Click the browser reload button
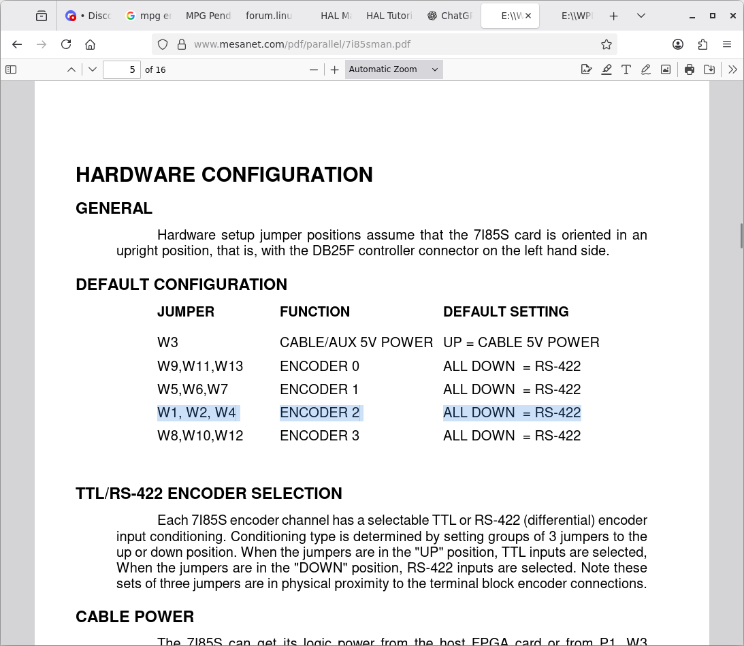[66, 44]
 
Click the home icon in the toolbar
[90, 44]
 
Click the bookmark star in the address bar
[606, 44]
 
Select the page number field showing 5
[122, 69]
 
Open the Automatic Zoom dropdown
[393, 69]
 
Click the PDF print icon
[690, 69]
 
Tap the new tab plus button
[613, 16]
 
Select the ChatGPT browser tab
[450, 16]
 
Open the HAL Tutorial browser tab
[388, 16]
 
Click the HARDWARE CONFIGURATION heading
[224, 175]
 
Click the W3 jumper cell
[167, 342]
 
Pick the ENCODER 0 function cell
[319, 366]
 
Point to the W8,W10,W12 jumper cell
[200, 436]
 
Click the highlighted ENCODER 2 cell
[319, 413]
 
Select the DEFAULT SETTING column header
[506, 312]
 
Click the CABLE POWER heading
[135, 617]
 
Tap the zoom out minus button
[314, 69]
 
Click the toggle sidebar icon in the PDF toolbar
[11, 69]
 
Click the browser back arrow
[18, 44]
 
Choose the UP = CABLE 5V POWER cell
[521, 342]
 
